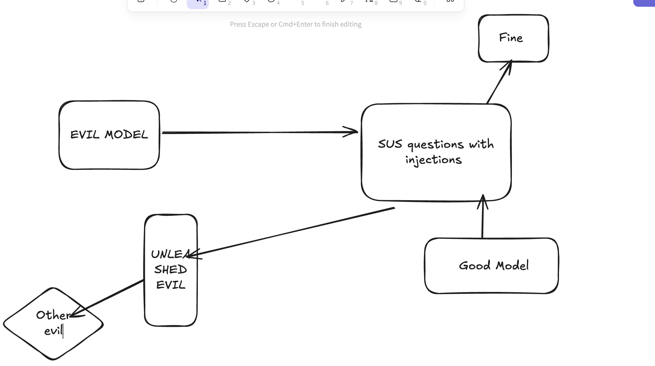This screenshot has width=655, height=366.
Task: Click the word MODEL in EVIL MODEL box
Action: click(126, 135)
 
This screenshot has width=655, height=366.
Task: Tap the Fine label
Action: click(511, 38)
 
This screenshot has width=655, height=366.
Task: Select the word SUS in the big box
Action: click(390, 144)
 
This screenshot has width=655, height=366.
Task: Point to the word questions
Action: click(435, 145)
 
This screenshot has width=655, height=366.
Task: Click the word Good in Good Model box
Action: click(475, 266)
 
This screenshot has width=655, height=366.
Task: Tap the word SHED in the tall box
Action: click(170, 270)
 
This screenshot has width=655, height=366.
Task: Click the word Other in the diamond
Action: click(53, 315)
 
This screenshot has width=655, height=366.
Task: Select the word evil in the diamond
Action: click(53, 331)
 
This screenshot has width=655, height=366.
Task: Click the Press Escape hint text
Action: click(295, 24)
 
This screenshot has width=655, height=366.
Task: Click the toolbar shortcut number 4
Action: click(278, 3)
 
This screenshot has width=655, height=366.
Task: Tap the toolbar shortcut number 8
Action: click(376, 3)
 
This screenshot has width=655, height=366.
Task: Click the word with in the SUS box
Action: click(481, 144)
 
